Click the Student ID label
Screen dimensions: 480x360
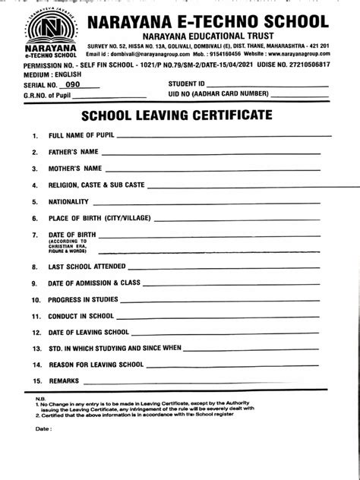coord(188,83)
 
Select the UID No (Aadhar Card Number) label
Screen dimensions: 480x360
coord(219,93)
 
